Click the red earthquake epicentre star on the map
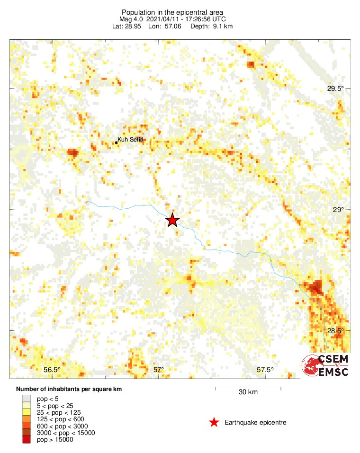(x=172, y=221)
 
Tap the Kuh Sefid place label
(x=130, y=140)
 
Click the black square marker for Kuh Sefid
(x=116, y=142)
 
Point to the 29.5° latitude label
(x=336, y=89)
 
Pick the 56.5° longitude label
(x=52, y=370)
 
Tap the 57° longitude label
(x=158, y=370)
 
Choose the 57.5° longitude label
(x=265, y=370)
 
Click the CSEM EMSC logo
(x=325, y=365)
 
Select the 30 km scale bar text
(x=248, y=392)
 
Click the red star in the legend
(x=214, y=422)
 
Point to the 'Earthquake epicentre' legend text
(x=255, y=422)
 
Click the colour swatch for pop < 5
(x=27, y=399)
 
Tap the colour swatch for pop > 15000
(x=27, y=440)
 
